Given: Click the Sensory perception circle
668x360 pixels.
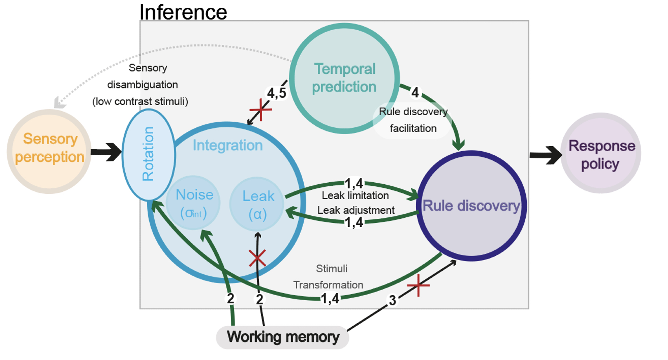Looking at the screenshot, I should [x=49, y=151].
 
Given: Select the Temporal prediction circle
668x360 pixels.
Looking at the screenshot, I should [x=344, y=78].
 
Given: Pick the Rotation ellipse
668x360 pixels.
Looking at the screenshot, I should [x=148, y=154].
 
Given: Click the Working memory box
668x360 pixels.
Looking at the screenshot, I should [x=283, y=337].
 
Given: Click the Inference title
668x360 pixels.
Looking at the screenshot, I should [x=183, y=12].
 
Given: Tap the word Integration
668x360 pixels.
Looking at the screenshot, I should [x=228, y=146].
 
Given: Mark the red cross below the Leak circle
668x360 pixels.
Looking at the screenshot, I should [x=258, y=258].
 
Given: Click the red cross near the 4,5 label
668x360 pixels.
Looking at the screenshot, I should [x=261, y=110].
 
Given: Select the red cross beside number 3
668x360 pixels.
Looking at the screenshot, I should [x=418, y=285].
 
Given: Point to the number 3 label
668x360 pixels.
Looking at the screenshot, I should [x=393, y=300].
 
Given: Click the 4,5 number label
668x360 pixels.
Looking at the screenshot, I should [x=277, y=93].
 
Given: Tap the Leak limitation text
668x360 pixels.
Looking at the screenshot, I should [x=355, y=195].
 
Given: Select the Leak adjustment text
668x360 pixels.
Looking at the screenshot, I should [x=356, y=210].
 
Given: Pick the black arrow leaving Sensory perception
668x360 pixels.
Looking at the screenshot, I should [x=106, y=152].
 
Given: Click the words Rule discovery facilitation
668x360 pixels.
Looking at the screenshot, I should [x=413, y=120].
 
